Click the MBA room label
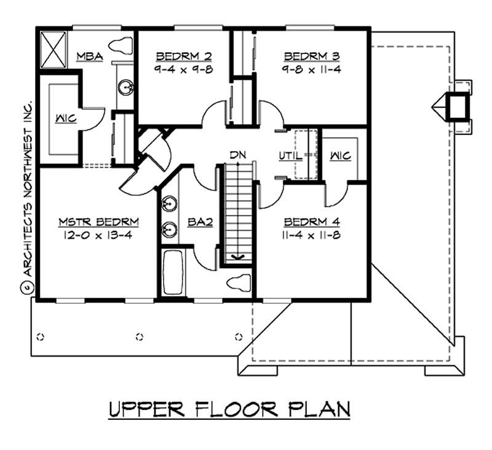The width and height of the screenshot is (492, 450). click(x=89, y=57)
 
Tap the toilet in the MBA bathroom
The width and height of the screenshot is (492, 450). click(x=121, y=44)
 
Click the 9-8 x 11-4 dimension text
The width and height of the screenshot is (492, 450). click(x=311, y=69)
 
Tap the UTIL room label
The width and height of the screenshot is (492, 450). click(x=290, y=157)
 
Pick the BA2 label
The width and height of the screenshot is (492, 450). click(x=200, y=222)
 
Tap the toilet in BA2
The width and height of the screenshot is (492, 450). click(x=239, y=284)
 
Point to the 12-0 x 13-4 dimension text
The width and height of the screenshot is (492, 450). click(x=98, y=235)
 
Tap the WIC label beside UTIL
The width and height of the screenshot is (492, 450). click(x=340, y=157)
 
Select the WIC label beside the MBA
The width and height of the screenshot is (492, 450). click(x=65, y=118)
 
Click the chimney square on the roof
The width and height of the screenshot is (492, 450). click(x=456, y=106)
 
